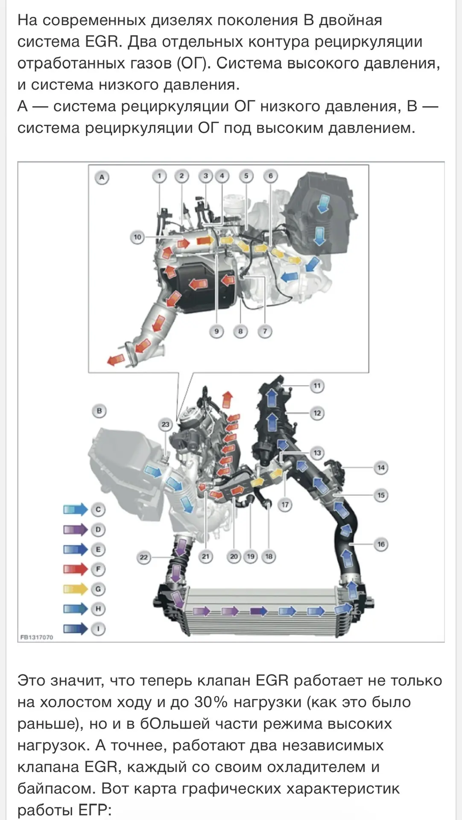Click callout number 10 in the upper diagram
click(x=137, y=237)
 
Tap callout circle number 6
click(x=270, y=176)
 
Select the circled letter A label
click(x=102, y=177)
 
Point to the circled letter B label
click(x=99, y=411)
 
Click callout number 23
click(x=165, y=425)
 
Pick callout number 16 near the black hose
click(x=381, y=544)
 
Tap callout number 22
click(x=144, y=557)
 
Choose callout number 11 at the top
click(x=317, y=386)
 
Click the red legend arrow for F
click(x=76, y=569)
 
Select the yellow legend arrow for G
click(x=76, y=589)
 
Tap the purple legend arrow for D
click(x=76, y=530)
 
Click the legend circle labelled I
click(x=98, y=629)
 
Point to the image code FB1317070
click(x=37, y=637)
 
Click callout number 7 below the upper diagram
click(x=265, y=331)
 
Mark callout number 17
click(x=285, y=505)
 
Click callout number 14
click(x=381, y=468)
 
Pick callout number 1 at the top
click(x=159, y=176)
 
